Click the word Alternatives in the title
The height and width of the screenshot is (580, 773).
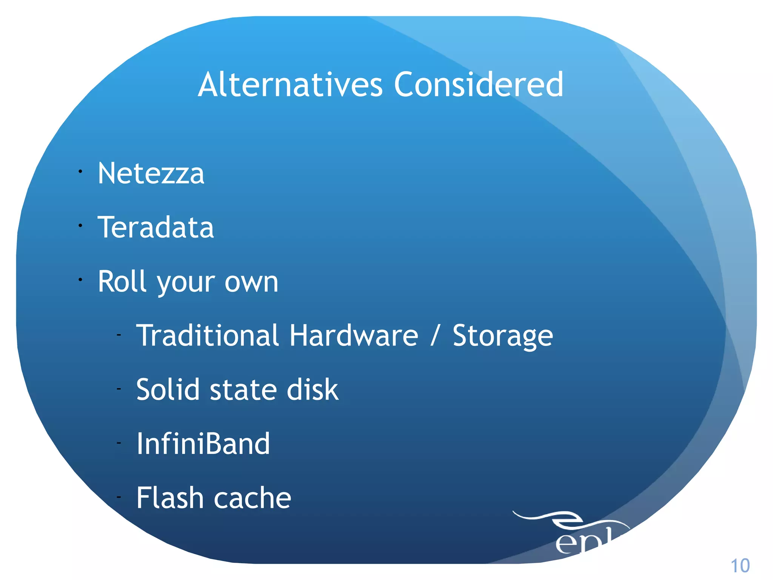pyautogui.click(x=290, y=85)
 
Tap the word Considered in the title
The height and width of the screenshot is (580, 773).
pyautogui.click(x=479, y=85)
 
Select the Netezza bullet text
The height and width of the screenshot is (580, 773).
pyautogui.click(x=151, y=173)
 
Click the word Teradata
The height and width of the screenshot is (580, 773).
pyautogui.click(x=156, y=227)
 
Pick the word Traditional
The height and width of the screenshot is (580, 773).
pyautogui.click(x=208, y=335)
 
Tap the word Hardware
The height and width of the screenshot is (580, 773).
pyautogui.click(x=354, y=335)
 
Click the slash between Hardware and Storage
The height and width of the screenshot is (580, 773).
pyautogui.click(x=435, y=335)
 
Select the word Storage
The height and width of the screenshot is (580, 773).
pyautogui.click(x=503, y=336)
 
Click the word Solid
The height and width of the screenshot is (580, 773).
pyautogui.click(x=168, y=389)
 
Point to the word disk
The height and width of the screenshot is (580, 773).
pyautogui.click(x=313, y=389)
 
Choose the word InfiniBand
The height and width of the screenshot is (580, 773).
pyautogui.click(x=203, y=444)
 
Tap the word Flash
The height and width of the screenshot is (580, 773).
pyautogui.click(x=170, y=498)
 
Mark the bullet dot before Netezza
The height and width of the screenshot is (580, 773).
pyautogui.click(x=80, y=172)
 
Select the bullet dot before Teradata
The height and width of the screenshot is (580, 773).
pyautogui.click(x=80, y=226)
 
